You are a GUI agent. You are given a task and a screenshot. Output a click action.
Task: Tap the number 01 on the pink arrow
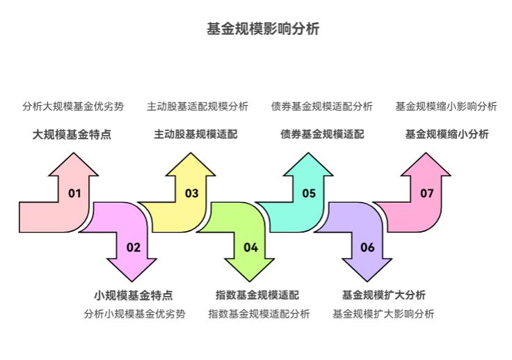click(74, 194)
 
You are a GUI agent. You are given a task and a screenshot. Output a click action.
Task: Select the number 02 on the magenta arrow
click(133, 247)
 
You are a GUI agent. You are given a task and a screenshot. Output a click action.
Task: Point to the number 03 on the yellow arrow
click(191, 194)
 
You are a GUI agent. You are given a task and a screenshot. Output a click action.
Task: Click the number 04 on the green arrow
click(250, 247)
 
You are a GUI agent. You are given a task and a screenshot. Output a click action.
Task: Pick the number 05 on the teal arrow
click(309, 194)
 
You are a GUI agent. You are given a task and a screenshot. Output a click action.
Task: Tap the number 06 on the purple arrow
click(367, 247)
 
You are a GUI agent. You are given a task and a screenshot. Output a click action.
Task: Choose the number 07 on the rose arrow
click(426, 194)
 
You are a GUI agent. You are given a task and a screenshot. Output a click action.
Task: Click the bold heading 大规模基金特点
click(72, 134)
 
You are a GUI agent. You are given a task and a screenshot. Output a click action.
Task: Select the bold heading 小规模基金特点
click(134, 295)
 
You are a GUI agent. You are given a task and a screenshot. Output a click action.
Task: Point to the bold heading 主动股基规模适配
click(195, 134)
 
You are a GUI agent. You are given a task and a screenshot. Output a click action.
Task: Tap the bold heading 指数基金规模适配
click(257, 295)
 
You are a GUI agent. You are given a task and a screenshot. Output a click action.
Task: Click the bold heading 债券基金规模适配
click(322, 134)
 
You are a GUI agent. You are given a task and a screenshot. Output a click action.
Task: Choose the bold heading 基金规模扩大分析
click(384, 295)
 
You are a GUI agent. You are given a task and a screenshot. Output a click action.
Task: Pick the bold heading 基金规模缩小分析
click(447, 134)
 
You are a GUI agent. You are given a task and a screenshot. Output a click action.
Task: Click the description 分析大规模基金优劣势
click(73, 107)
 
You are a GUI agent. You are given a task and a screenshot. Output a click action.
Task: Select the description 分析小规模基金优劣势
click(135, 314)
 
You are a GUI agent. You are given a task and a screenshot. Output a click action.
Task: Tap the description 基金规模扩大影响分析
click(383, 314)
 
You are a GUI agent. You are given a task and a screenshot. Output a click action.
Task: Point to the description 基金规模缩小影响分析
click(446, 107)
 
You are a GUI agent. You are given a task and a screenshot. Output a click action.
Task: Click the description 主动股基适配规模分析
click(197, 107)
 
